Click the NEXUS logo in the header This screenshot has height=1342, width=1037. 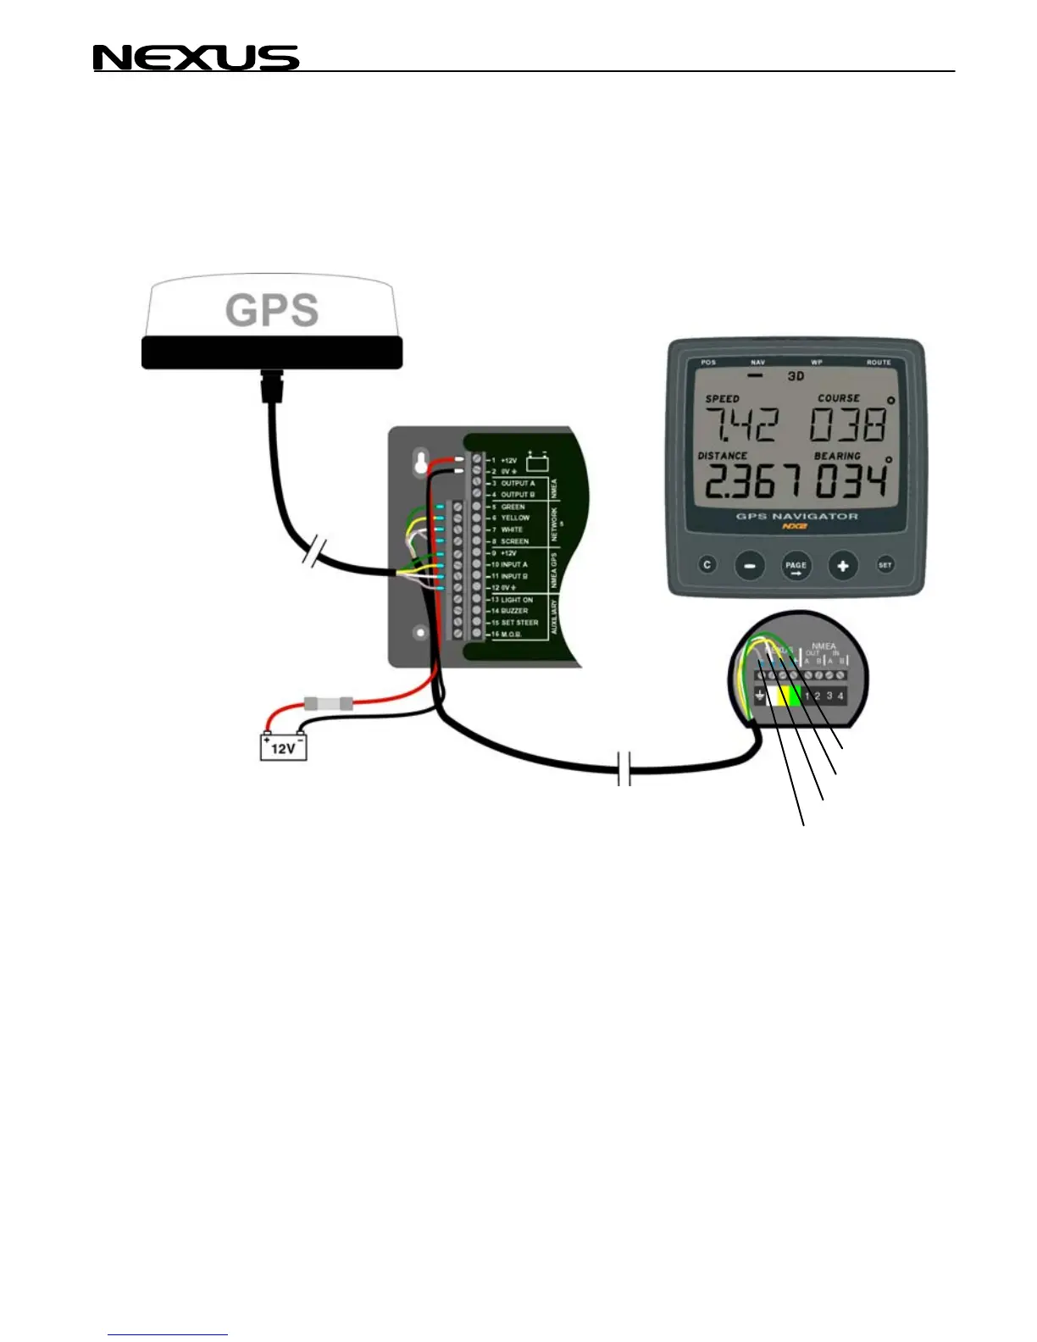coord(196,58)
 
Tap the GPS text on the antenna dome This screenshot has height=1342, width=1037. coord(272,310)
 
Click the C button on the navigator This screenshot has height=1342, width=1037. coord(707,565)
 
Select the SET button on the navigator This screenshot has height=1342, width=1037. coord(884,565)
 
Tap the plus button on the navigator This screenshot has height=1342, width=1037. coord(842,565)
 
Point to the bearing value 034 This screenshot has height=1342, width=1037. coord(850,481)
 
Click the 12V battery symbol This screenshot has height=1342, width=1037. coord(283,746)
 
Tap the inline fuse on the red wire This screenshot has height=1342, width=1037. coord(327,703)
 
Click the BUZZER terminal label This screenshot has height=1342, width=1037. coord(514,611)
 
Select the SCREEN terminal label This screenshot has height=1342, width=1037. coord(514,541)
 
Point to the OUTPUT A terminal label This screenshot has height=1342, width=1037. coord(518,483)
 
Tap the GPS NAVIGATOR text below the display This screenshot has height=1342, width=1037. coord(796,516)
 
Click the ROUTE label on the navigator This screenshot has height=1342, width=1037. coord(879,363)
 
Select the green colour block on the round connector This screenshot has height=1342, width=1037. coord(793,696)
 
